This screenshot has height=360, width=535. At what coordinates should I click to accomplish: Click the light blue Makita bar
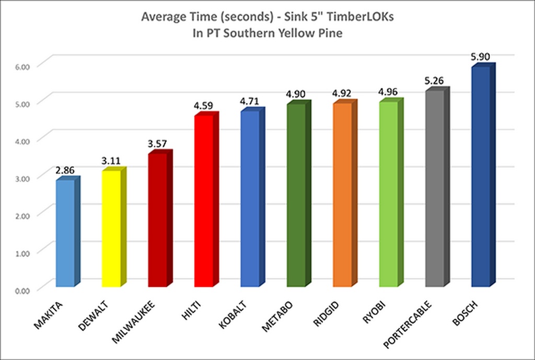tap(66, 233)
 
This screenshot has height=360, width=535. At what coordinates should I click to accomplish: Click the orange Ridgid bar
tap(342, 195)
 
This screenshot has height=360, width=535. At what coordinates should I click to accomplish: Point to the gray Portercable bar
tap(434, 189)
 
